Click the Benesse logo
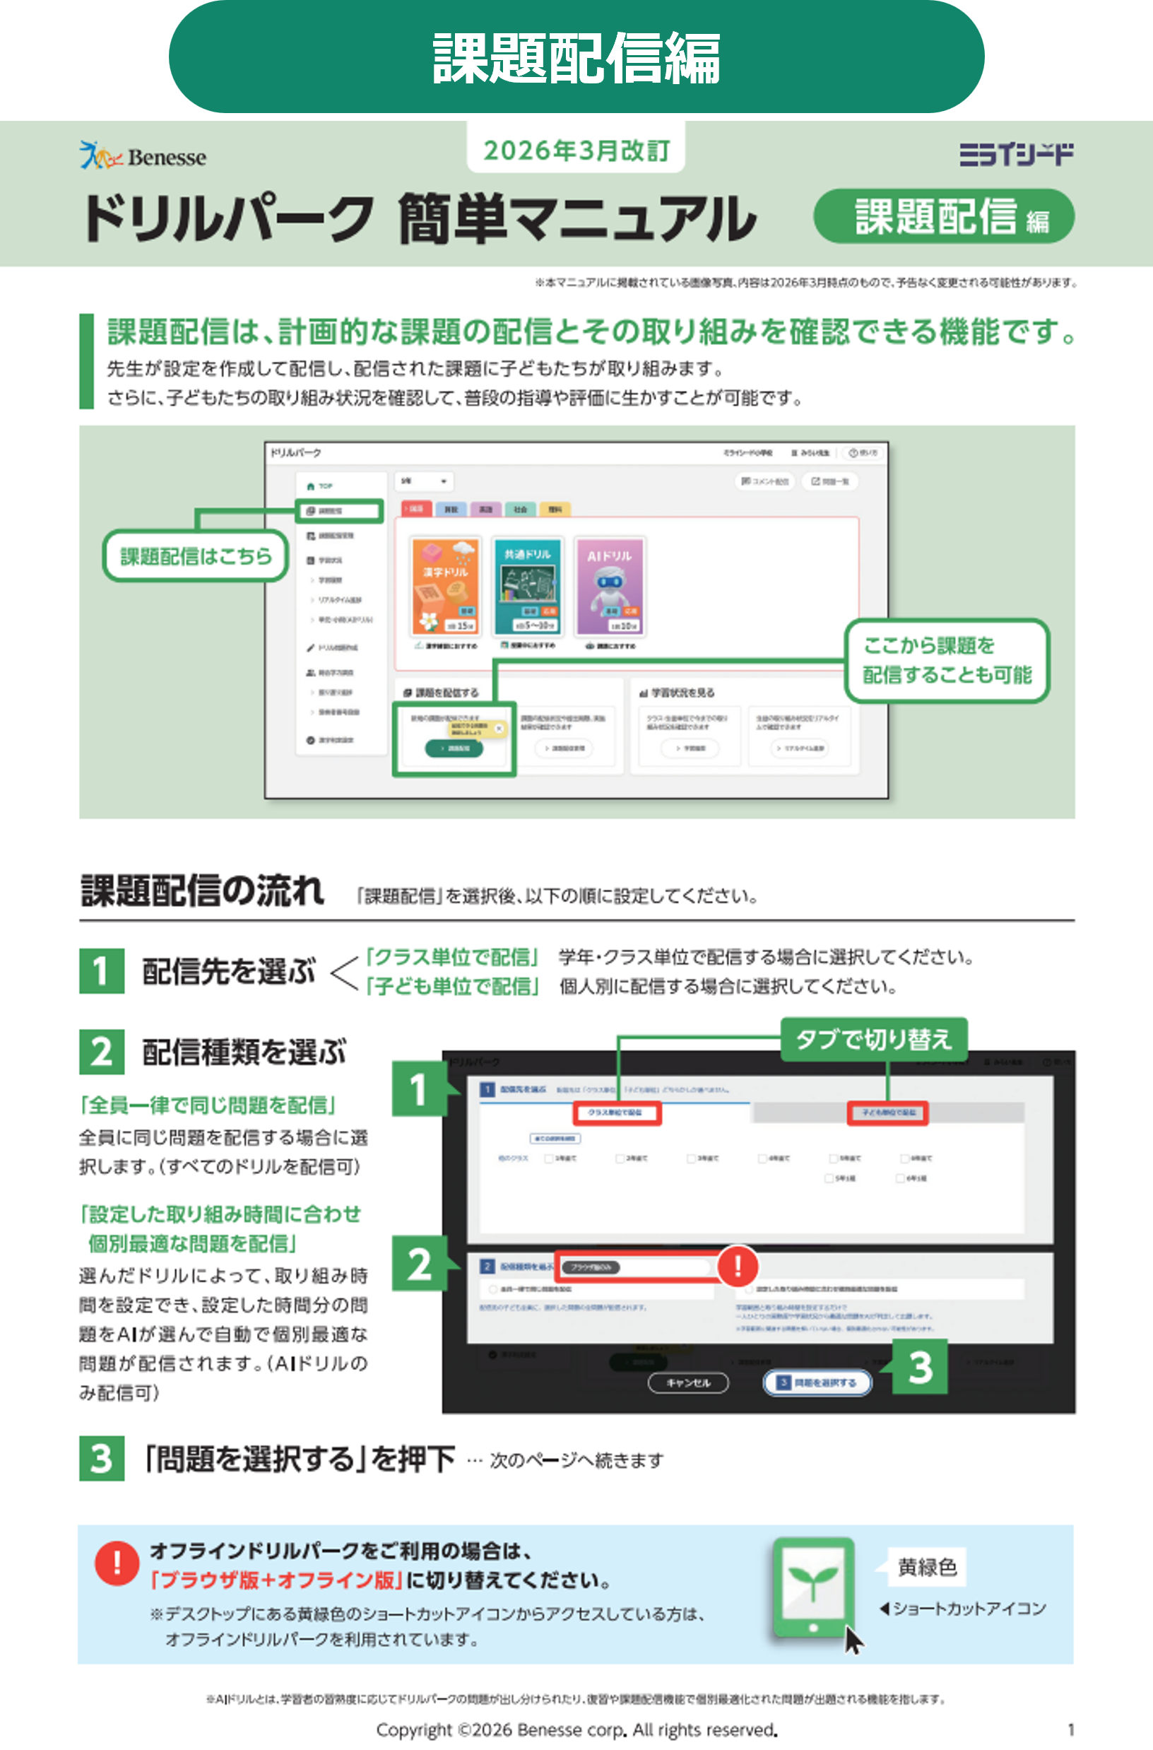pyautogui.click(x=143, y=155)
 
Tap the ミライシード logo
pyautogui.click(x=1015, y=155)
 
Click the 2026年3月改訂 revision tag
pyautogui.click(x=576, y=151)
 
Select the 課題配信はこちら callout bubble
pyautogui.click(x=196, y=556)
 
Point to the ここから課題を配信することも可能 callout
pyautogui.click(x=947, y=661)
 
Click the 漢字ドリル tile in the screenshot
pyautogui.click(x=446, y=585)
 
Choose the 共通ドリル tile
pyautogui.click(x=527, y=585)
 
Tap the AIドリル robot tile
pyautogui.click(x=610, y=585)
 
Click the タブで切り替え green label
pyautogui.click(x=873, y=1040)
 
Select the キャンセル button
pyautogui.click(x=687, y=1383)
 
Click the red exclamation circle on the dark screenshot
pyautogui.click(x=738, y=1266)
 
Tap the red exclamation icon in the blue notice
pyautogui.click(x=116, y=1563)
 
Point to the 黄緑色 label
pyautogui.click(x=926, y=1568)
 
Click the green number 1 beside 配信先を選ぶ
pyautogui.click(x=102, y=971)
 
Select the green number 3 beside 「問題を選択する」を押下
pyautogui.click(x=102, y=1458)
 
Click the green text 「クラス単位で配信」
pyautogui.click(x=452, y=957)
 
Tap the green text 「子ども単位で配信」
pyautogui.click(x=452, y=987)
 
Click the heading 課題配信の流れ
pyautogui.click(x=202, y=891)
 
